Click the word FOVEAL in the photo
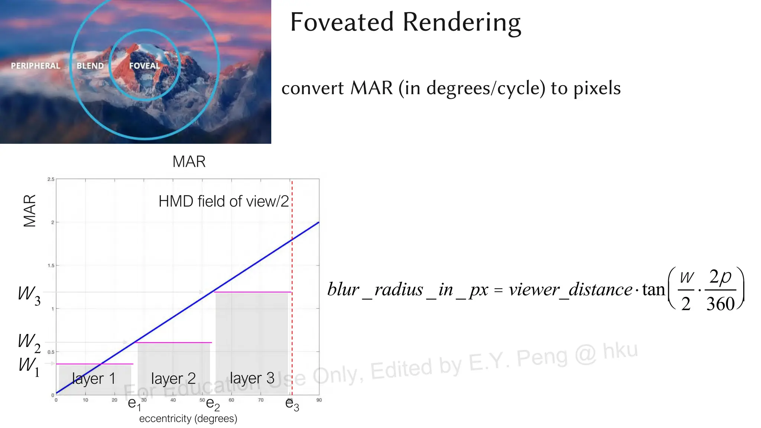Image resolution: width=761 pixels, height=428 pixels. (x=144, y=66)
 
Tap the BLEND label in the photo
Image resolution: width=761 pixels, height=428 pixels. (x=90, y=66)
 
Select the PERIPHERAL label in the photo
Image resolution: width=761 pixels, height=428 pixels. (x=35, y=66)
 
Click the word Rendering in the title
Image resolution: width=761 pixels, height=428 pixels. (x=462, y=23)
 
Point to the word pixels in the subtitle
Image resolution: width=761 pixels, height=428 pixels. (x=597, y=88)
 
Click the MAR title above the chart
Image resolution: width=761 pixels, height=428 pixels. (x=189, y=162)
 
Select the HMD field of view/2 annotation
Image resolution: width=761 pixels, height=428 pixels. (x=223, y=201)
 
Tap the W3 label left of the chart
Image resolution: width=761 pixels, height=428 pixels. (x=29, y=295)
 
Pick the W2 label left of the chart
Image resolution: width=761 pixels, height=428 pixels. (x=29, y=342)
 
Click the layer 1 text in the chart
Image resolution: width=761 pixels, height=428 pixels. (x=94, y=379)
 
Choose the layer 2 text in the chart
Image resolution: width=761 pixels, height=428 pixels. (x=173, y=379)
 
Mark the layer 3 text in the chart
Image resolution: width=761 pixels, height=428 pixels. (x=252, y=378)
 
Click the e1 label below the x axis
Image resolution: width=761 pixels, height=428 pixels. (x=134, y=404)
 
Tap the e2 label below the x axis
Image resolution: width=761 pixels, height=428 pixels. (x=213, y=404)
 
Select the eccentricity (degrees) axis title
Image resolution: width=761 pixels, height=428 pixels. (x=188, y=419)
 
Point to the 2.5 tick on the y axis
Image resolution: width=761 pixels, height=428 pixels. (x=51, y=179)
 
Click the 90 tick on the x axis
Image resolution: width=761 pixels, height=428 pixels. (x=319, y=400)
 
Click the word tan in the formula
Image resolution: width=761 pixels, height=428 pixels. (x=653, y=289)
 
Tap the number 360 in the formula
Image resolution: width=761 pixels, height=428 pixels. (x=720, y=304)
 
